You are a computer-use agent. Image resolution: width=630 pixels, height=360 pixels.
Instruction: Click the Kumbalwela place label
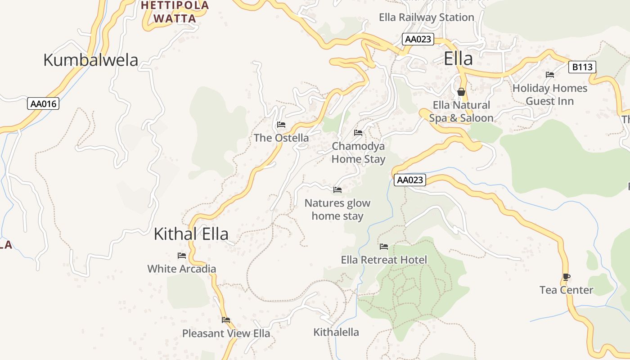(90, 60)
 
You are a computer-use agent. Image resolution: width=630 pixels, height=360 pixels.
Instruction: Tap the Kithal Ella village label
(191, 234)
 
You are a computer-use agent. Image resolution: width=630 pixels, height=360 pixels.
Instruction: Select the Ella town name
(458, 59)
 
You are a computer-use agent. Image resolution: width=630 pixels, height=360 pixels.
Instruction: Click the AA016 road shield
(43, 104)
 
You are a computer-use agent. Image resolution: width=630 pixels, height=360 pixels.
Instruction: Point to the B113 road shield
(582, 67)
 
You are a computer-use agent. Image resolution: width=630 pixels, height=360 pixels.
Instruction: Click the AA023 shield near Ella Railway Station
(418, 39)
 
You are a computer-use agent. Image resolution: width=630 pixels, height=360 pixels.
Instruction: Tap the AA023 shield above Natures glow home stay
(410, 180)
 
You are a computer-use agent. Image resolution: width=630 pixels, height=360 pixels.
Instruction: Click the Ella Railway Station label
(426, 18)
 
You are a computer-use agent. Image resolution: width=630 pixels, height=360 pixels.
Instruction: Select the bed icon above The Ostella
(281, 125)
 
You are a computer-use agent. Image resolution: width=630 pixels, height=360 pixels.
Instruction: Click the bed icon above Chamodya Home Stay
(358, 133)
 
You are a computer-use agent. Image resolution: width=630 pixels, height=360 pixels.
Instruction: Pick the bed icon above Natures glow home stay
(337, 190)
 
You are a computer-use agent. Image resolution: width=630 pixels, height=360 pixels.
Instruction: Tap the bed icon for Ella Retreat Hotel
(384, 247)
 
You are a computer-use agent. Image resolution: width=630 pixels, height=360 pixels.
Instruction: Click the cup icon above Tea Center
(566, 277)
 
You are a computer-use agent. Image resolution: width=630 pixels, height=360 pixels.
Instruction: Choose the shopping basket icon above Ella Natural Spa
(461, 92)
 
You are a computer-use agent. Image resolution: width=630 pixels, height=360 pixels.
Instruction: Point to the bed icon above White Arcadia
(182, 256)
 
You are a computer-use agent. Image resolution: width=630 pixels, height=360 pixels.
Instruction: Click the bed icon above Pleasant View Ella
(226, 320)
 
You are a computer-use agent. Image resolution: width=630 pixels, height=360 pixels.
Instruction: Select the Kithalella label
(336, 333)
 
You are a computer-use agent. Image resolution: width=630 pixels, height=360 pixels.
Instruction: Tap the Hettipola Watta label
(175, 12)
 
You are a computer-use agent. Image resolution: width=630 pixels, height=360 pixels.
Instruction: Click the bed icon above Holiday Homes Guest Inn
(549, 75)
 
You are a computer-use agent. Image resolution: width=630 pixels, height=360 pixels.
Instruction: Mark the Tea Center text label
(566, 290)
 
